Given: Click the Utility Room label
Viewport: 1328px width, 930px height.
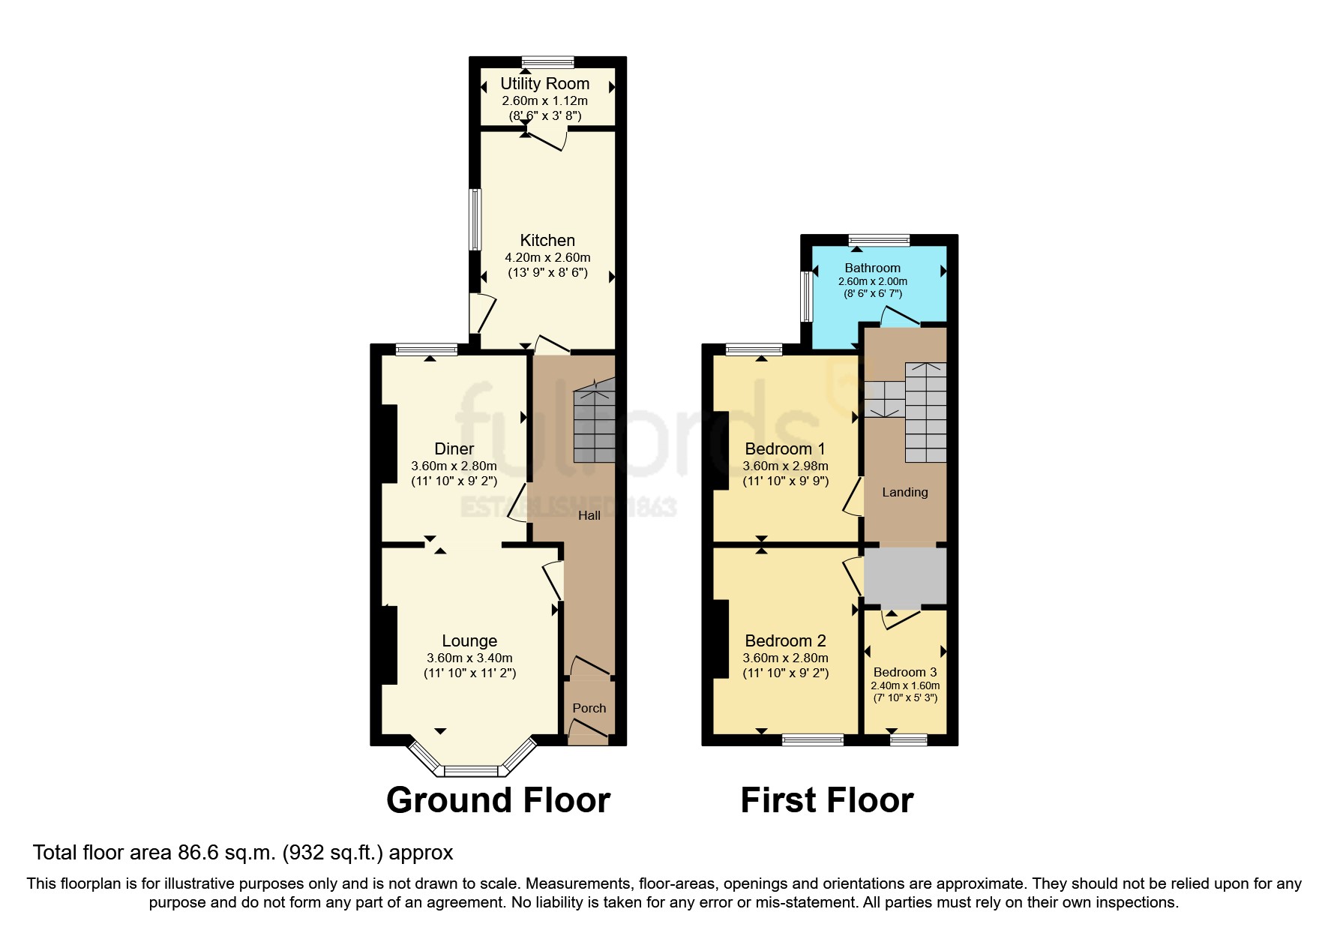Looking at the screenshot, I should [x=544, y=83].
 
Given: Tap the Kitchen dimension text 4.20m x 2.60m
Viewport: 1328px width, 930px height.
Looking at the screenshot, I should [x=547, y=257].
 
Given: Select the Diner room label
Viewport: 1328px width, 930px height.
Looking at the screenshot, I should [x=454, y=448].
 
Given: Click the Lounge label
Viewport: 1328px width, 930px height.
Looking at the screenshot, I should [x=469, y=640].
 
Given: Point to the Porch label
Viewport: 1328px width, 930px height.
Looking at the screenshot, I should [x=589, y=708].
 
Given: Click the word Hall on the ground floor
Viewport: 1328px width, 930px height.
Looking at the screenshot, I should [x=589, y=515].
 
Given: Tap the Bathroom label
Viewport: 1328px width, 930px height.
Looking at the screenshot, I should [x=872, y=268].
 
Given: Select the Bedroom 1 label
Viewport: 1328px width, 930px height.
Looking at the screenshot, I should [x=784, y=448].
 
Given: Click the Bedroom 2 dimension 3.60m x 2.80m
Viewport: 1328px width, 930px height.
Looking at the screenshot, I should [x=785, y=658].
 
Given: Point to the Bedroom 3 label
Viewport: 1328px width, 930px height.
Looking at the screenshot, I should [x=904, y=672].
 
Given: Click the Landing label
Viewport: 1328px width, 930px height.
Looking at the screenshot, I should [x=904, y=492].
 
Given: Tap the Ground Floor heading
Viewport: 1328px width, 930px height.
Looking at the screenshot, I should [x=498, y=800].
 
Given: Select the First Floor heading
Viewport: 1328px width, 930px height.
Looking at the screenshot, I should [x=826, y=800].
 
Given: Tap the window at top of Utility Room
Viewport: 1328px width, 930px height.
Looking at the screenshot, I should [x=547, y=62].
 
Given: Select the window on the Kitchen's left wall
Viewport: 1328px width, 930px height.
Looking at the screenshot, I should [x=475, y=219].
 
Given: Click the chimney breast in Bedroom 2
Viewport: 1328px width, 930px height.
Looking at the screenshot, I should [x=720, y=639].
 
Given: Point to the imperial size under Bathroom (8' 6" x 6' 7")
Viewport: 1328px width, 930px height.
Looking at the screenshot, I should [x=872, y=294].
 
